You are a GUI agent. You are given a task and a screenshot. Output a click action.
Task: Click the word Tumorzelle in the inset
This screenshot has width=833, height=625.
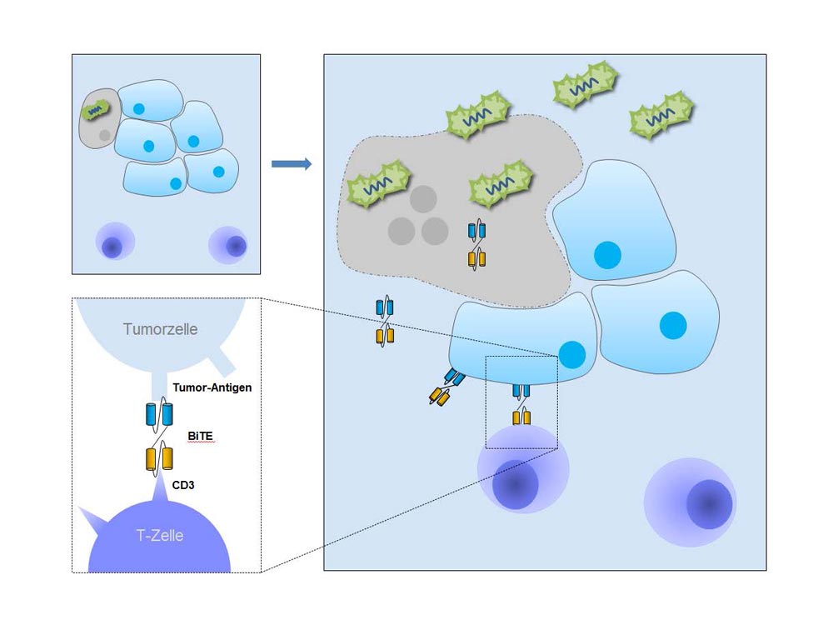(161, 328)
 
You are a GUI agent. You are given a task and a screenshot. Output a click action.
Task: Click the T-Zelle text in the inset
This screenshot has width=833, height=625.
(159, 535)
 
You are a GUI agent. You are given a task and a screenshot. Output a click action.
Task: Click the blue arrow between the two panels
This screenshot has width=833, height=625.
(292, 163)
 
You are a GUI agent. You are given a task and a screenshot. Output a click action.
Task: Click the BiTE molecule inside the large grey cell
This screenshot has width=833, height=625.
(476, 244)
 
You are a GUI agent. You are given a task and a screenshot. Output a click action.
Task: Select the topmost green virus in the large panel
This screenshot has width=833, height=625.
(584, 82)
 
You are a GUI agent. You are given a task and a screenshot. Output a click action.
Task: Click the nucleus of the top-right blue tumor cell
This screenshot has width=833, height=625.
(607, 254)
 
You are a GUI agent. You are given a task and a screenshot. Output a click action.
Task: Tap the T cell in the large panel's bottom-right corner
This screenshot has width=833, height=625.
(691, 502)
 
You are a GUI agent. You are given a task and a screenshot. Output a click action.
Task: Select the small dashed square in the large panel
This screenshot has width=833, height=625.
(521, 402)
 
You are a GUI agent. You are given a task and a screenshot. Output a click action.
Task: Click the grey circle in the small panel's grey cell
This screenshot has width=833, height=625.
(104, 134)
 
